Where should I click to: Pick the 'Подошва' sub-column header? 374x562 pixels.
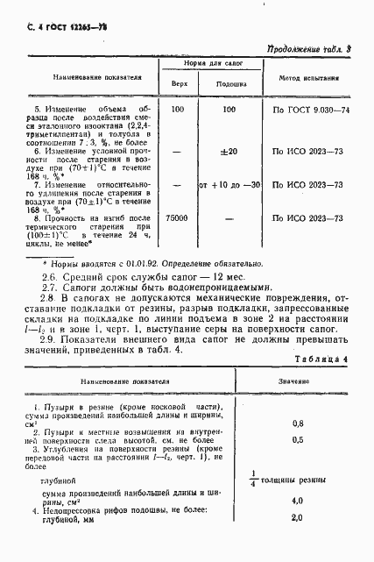pos(229,84)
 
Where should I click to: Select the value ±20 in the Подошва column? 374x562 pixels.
pos(229,152)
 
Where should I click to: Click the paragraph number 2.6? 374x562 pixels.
pos(50,276)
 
